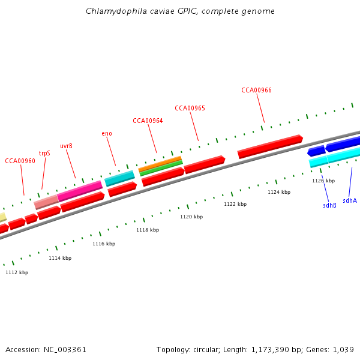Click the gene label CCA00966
point(256,90)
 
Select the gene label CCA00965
point(190,108)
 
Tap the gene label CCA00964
point(148,121)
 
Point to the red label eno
point(107,133)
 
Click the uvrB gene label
point(66,146)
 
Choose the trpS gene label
point(44,153)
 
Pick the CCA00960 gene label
point(20,161)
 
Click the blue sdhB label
point(329,205)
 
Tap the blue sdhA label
point(350,200)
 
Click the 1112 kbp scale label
point(17,272)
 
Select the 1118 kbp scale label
point(148,230)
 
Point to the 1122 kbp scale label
point(235,204)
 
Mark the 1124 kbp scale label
point(279,192)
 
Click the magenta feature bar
point(80,191)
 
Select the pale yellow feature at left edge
point(2,217)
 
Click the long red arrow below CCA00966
point(270,146)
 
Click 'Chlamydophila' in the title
point(112,11)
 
